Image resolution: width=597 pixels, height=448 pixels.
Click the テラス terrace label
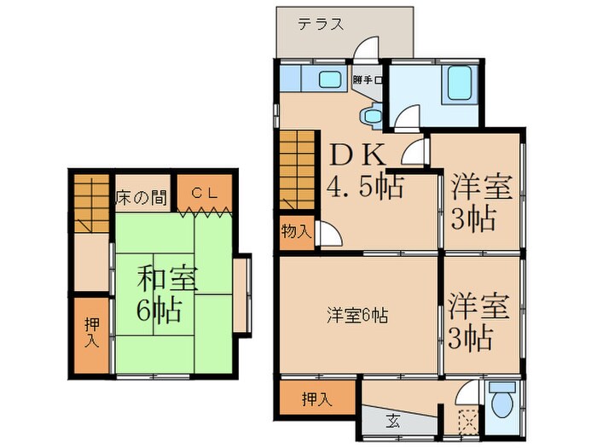pos(322,25)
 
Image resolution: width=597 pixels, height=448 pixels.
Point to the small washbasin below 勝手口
pos(372,114)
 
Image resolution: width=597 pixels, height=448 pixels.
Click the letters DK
pos(359,156)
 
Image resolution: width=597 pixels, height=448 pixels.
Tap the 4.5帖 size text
pos(365,186)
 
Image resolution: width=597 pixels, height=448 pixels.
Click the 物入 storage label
pos(296,232)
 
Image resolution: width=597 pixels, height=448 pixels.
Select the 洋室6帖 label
pos(356,315)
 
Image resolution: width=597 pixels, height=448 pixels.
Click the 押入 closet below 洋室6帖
pos(316,397)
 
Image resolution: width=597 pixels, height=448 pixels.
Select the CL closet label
pos(204,194)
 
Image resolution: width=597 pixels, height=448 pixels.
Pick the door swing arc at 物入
pos(326,236)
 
